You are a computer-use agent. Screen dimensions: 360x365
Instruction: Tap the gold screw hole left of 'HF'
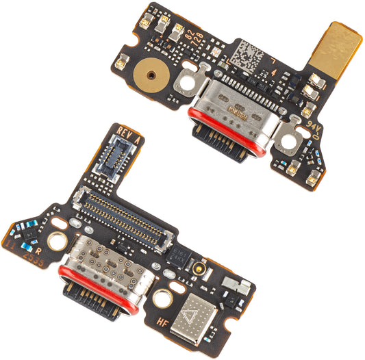point(162,298)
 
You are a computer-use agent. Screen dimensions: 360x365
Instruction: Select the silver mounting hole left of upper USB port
point(185,86)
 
